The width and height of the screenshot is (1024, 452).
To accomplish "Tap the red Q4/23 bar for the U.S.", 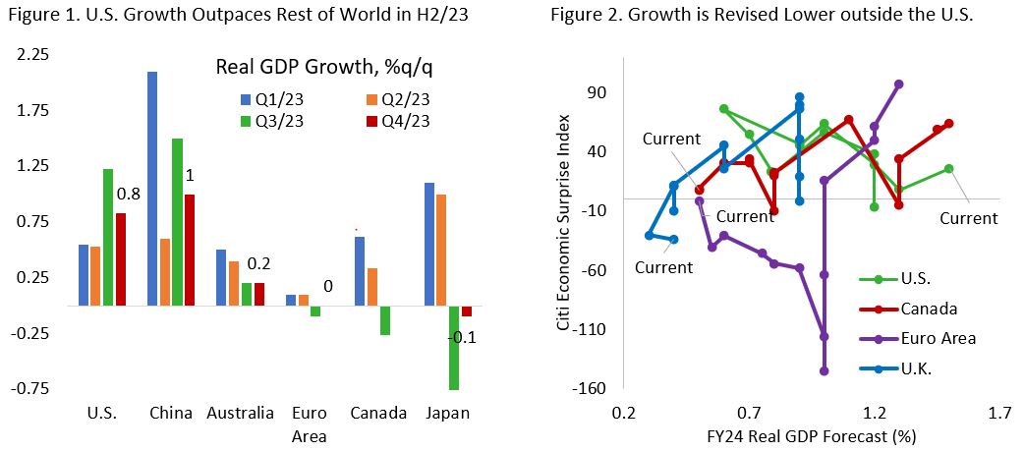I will coord(121,259).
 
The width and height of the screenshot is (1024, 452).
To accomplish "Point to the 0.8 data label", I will coord(130,194).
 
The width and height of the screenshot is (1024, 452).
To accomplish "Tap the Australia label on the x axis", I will coord(240,414).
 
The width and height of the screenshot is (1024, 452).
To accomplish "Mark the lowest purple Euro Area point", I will coord(825,370).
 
